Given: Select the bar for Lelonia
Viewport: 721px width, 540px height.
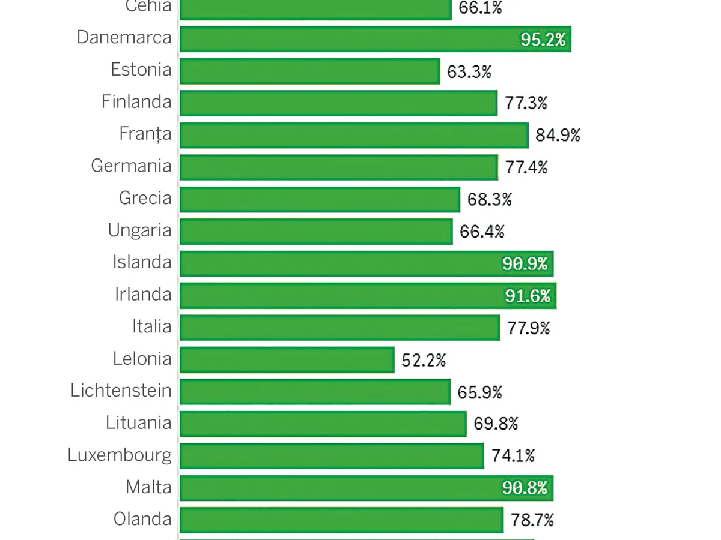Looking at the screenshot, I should [287, 360].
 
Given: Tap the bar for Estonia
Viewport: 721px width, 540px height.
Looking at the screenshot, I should [310, 71].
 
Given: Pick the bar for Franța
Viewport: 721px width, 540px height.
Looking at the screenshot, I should [354, 135].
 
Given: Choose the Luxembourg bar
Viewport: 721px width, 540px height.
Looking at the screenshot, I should [332, 456].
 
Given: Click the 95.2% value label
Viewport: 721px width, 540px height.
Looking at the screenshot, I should [543, 40].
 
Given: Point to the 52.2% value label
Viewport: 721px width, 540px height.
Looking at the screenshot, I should [424, 361].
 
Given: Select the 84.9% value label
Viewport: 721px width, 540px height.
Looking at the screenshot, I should [558, 136].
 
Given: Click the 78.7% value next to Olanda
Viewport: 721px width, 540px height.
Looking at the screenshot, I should [532, 520].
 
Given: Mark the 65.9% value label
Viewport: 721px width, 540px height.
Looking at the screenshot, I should [479, 392].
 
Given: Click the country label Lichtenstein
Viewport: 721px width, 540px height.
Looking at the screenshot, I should [121, 391].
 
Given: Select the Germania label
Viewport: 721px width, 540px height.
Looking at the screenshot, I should [131, 166].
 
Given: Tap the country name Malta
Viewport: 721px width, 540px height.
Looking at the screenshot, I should [148, 487].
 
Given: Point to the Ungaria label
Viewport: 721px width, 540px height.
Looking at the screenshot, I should [139, 230].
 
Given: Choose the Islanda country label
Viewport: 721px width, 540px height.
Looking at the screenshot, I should [142, 262].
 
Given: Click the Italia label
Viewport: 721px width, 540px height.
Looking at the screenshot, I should [151, 326].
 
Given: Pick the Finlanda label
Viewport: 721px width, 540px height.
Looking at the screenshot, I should [136, 101].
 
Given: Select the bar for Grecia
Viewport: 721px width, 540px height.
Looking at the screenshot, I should [320, 199].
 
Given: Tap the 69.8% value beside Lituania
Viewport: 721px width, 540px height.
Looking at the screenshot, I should [496, 424].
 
